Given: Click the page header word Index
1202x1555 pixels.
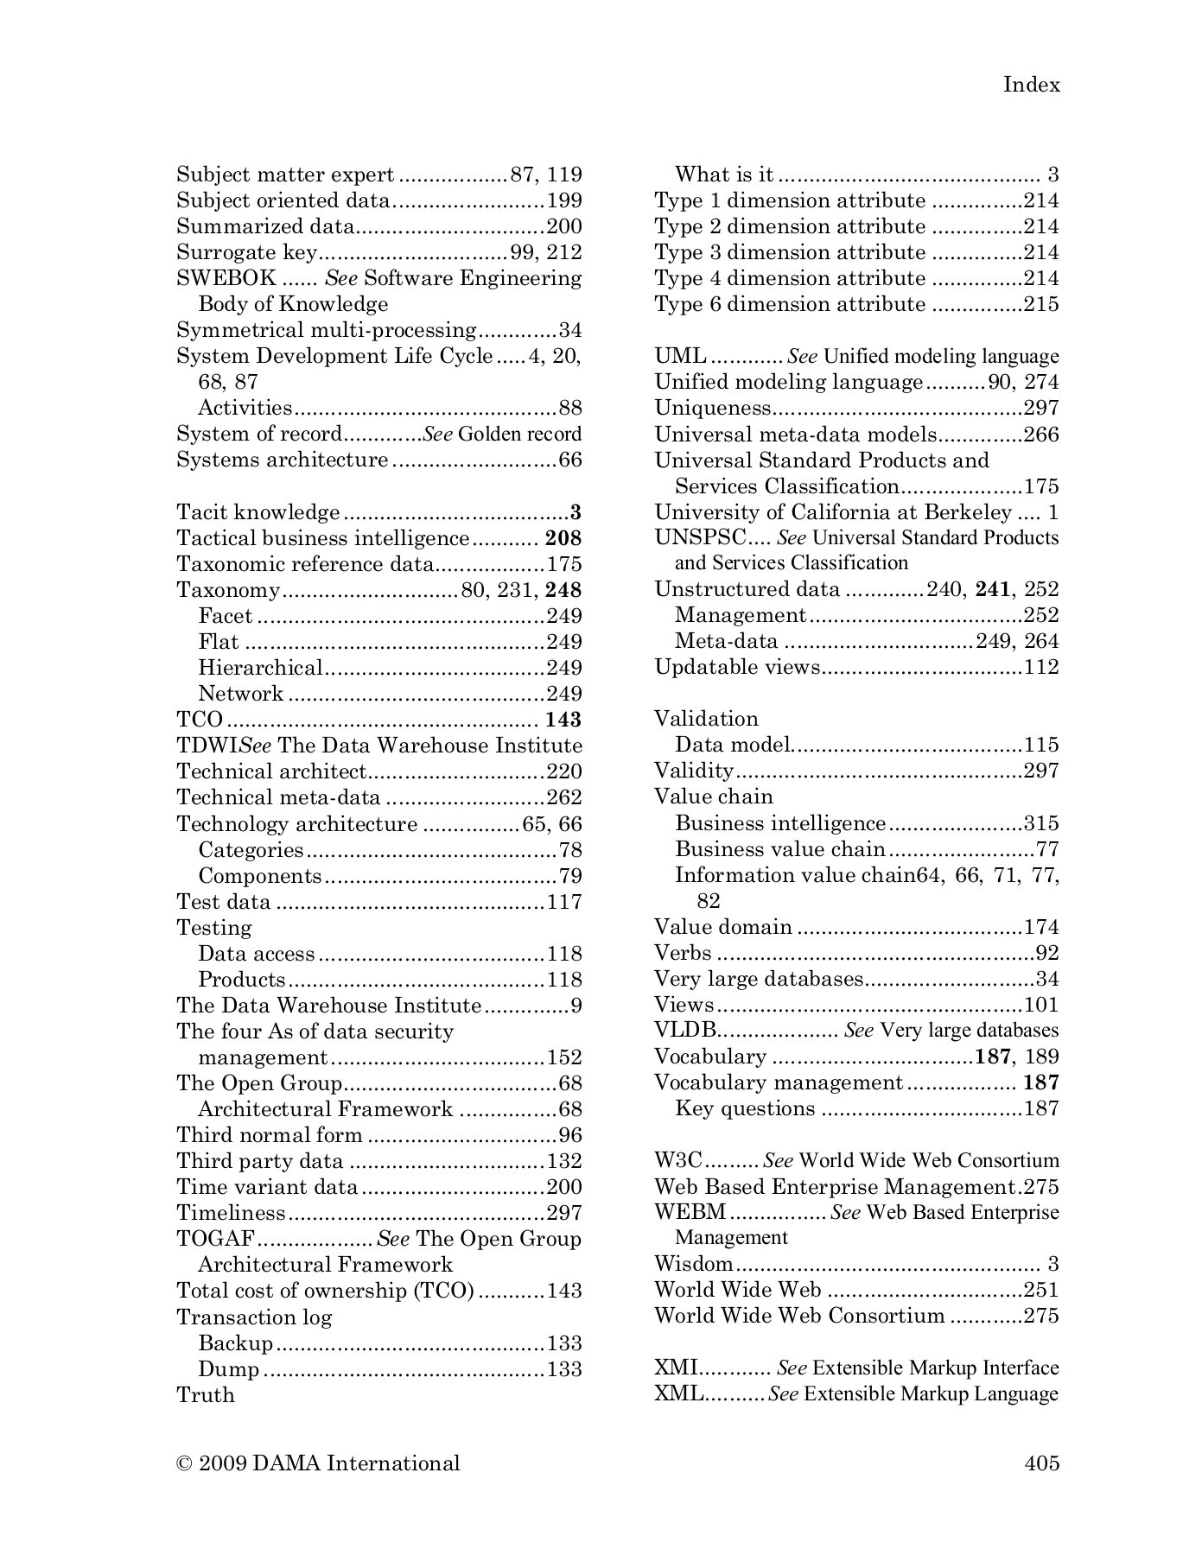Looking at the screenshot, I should point(1031,85).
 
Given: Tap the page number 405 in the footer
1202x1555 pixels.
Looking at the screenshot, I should point(1041,1463).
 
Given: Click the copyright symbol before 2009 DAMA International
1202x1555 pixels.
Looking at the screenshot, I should point(183,1463).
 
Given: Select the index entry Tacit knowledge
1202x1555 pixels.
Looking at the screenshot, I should point(258,512).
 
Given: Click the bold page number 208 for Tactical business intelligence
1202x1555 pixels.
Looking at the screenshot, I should point(563,538).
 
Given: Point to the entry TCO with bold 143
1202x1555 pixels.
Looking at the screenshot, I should point(200,720).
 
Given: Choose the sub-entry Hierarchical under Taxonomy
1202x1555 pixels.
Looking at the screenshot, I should point(259,668).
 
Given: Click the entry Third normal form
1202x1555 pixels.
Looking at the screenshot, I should point(270,1135).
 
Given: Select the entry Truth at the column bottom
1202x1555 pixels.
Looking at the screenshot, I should point(205,1394).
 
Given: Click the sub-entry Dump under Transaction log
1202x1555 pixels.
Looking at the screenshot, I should point(228,1368).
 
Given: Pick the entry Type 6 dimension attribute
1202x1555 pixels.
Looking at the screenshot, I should point(789,304).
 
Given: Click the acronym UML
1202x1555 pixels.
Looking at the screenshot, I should point(680,356).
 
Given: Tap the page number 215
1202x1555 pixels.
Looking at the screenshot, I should point(1041,304).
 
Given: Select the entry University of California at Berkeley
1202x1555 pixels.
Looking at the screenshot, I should point(832,512).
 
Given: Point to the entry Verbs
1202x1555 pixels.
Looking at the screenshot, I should point(683,953).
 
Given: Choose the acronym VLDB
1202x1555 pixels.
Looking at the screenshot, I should point(685,1031).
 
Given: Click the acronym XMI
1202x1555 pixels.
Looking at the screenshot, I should point(675,1368).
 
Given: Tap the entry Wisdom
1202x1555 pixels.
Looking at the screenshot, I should point(693,1264).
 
